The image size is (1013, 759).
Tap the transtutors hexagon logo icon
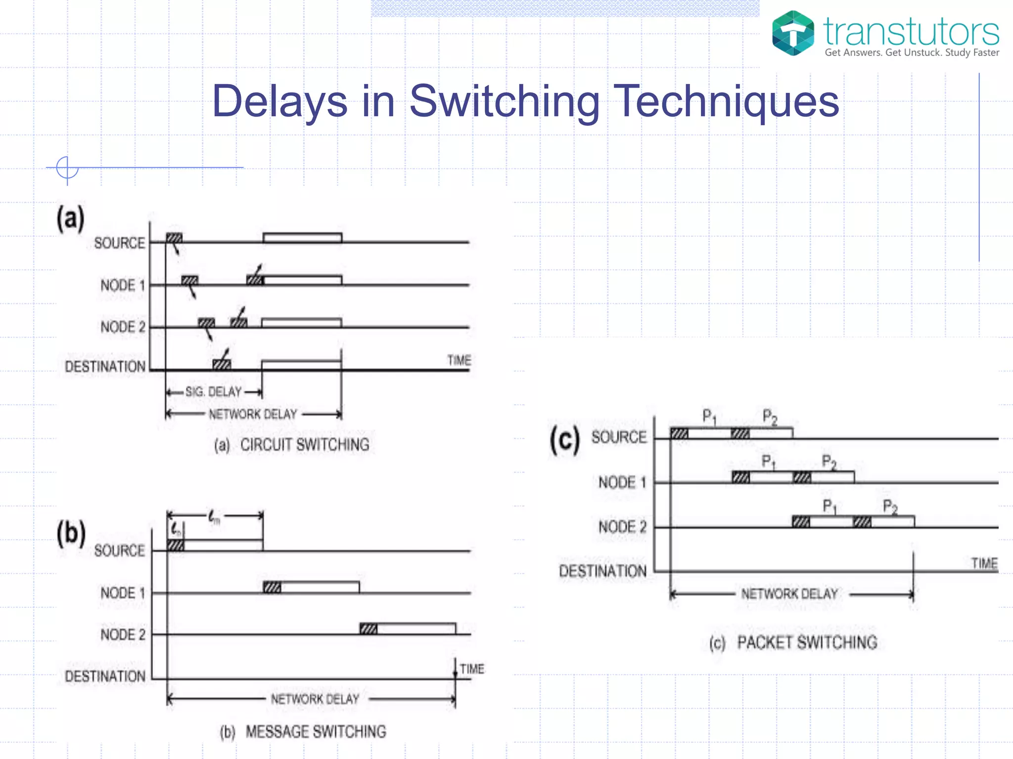point(793,33)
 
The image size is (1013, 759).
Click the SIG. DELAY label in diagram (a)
point(213,392)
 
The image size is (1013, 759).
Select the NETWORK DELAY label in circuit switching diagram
point(253,414)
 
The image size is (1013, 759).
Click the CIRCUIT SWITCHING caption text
point(304,445)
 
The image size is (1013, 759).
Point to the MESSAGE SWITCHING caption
point(316,732)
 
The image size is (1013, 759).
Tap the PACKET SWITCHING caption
point(807,642)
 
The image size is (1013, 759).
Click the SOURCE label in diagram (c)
point(619,437)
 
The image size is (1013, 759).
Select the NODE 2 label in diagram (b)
point(123,634)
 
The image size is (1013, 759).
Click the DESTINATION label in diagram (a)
point(105,367)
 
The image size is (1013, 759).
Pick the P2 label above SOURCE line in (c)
point(770,417)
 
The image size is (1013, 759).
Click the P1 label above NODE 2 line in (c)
point(829,506)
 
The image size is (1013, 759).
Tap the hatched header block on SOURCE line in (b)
point(176,545)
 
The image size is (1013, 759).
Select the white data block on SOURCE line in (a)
point(302,238)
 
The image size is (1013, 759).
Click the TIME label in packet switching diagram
point(984,563)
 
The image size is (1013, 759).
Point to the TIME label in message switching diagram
point(472,669)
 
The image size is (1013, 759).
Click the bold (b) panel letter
point(71,534)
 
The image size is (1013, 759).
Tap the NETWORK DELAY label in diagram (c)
point(789,594)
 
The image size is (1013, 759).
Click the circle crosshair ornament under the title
point(67,168)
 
